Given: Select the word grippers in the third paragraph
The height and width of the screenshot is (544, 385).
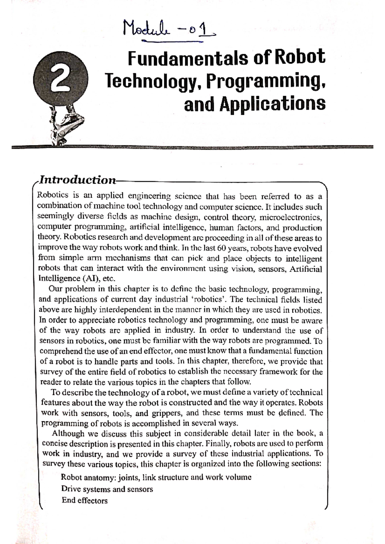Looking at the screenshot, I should (x=167, y=413).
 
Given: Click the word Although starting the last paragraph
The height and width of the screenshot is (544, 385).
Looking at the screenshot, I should (x=68, y=433).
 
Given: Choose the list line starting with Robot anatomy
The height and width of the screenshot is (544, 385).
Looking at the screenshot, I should (x=156, y=477).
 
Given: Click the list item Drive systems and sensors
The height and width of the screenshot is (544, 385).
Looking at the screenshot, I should (x=107, y=489).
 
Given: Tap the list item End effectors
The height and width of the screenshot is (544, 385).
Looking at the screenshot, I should (x=85, y=500).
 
